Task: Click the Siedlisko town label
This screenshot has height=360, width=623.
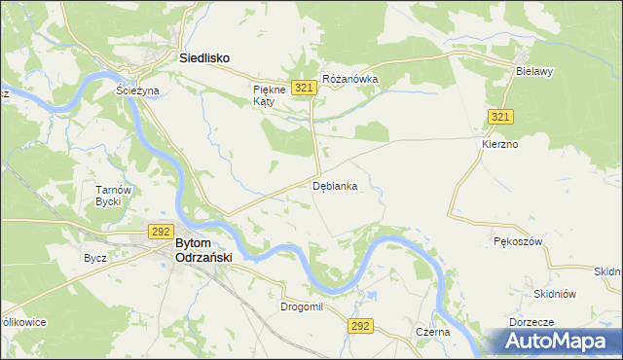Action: coord(204,58)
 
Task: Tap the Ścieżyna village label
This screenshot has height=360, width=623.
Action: coord(136,90)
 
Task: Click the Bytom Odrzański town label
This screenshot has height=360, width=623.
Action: coord(202,250)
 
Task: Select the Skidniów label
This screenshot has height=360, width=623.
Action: coord(556,294)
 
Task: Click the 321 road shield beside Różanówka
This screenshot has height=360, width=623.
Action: coord(305,88)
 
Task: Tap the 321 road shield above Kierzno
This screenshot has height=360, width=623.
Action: coord(501,117)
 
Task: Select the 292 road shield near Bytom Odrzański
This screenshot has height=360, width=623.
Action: coord(161,232)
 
